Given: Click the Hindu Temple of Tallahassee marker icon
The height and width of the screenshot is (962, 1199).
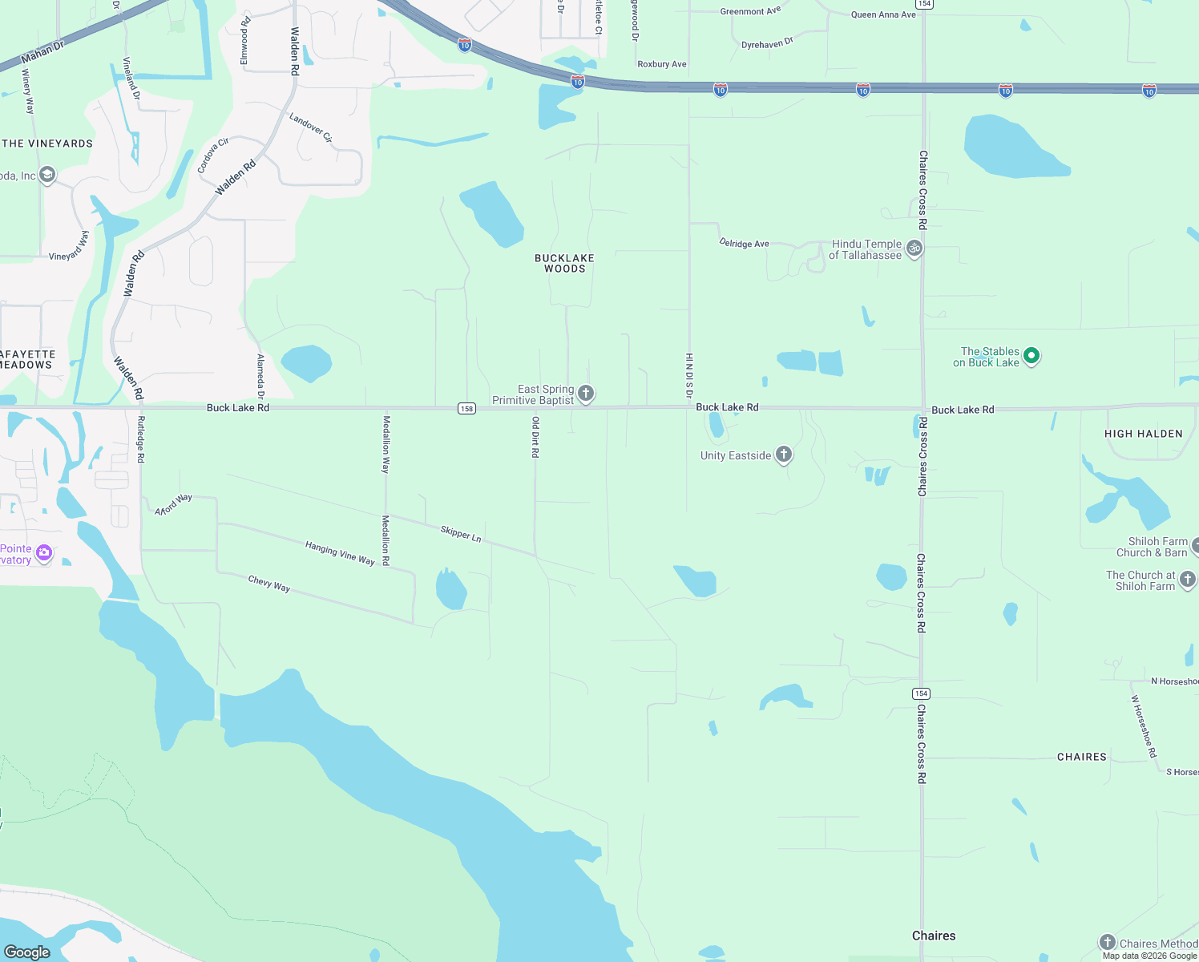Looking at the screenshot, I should [x=914, y=248].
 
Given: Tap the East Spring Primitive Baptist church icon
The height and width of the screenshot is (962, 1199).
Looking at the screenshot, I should [x=586, y=393].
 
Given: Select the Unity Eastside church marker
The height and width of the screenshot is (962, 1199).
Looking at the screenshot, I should [x=784, y=455].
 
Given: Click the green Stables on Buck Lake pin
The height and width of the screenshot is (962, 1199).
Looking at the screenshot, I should [x=1031, y=355].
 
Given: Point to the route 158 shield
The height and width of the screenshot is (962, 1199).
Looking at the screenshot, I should [x=466, y=409].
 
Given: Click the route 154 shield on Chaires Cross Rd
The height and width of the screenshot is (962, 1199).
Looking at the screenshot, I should [x=921, y=693].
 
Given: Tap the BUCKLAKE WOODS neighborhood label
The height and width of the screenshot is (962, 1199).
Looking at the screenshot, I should [x=564, y=264].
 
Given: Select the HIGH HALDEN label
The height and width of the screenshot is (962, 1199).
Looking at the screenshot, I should [x=1143, y=434].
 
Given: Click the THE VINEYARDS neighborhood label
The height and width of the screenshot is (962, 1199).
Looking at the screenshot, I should [x=47, y=143].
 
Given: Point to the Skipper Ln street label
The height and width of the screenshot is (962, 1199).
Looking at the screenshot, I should [x=461, y=534].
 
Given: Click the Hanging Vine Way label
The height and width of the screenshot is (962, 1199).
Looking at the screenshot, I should [x=340, y=553].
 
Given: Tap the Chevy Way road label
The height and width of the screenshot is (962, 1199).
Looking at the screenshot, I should [x=269, y=584].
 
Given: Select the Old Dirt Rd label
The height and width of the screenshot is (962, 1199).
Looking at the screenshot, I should [x=535, y=437].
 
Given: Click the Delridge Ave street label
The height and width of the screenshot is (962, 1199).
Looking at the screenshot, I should [x=744, y=243].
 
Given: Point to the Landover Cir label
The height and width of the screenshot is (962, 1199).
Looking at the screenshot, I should [x=311, y=127].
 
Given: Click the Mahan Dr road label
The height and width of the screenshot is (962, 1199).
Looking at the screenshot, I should [x=42, y=52].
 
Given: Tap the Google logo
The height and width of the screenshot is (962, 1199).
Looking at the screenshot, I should [x=27, y=952].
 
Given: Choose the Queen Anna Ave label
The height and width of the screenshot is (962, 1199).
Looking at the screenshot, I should [x=883, y=14].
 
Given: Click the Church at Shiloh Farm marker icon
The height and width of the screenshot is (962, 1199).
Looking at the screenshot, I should [x=1188, y=579].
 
